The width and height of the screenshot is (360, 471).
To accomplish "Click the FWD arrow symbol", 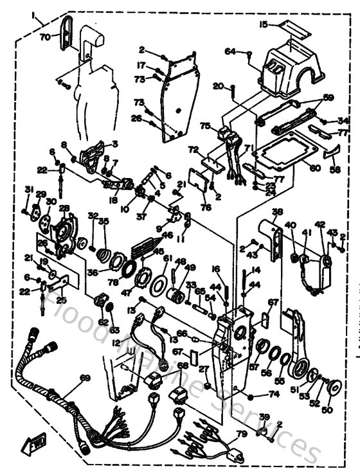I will [35, 443].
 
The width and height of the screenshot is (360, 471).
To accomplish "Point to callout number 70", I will [45, 37].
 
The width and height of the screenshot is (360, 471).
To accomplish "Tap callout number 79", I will [240, 434].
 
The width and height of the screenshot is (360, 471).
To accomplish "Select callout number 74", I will [274, 394].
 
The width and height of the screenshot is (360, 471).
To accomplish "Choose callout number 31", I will [28, 189].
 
